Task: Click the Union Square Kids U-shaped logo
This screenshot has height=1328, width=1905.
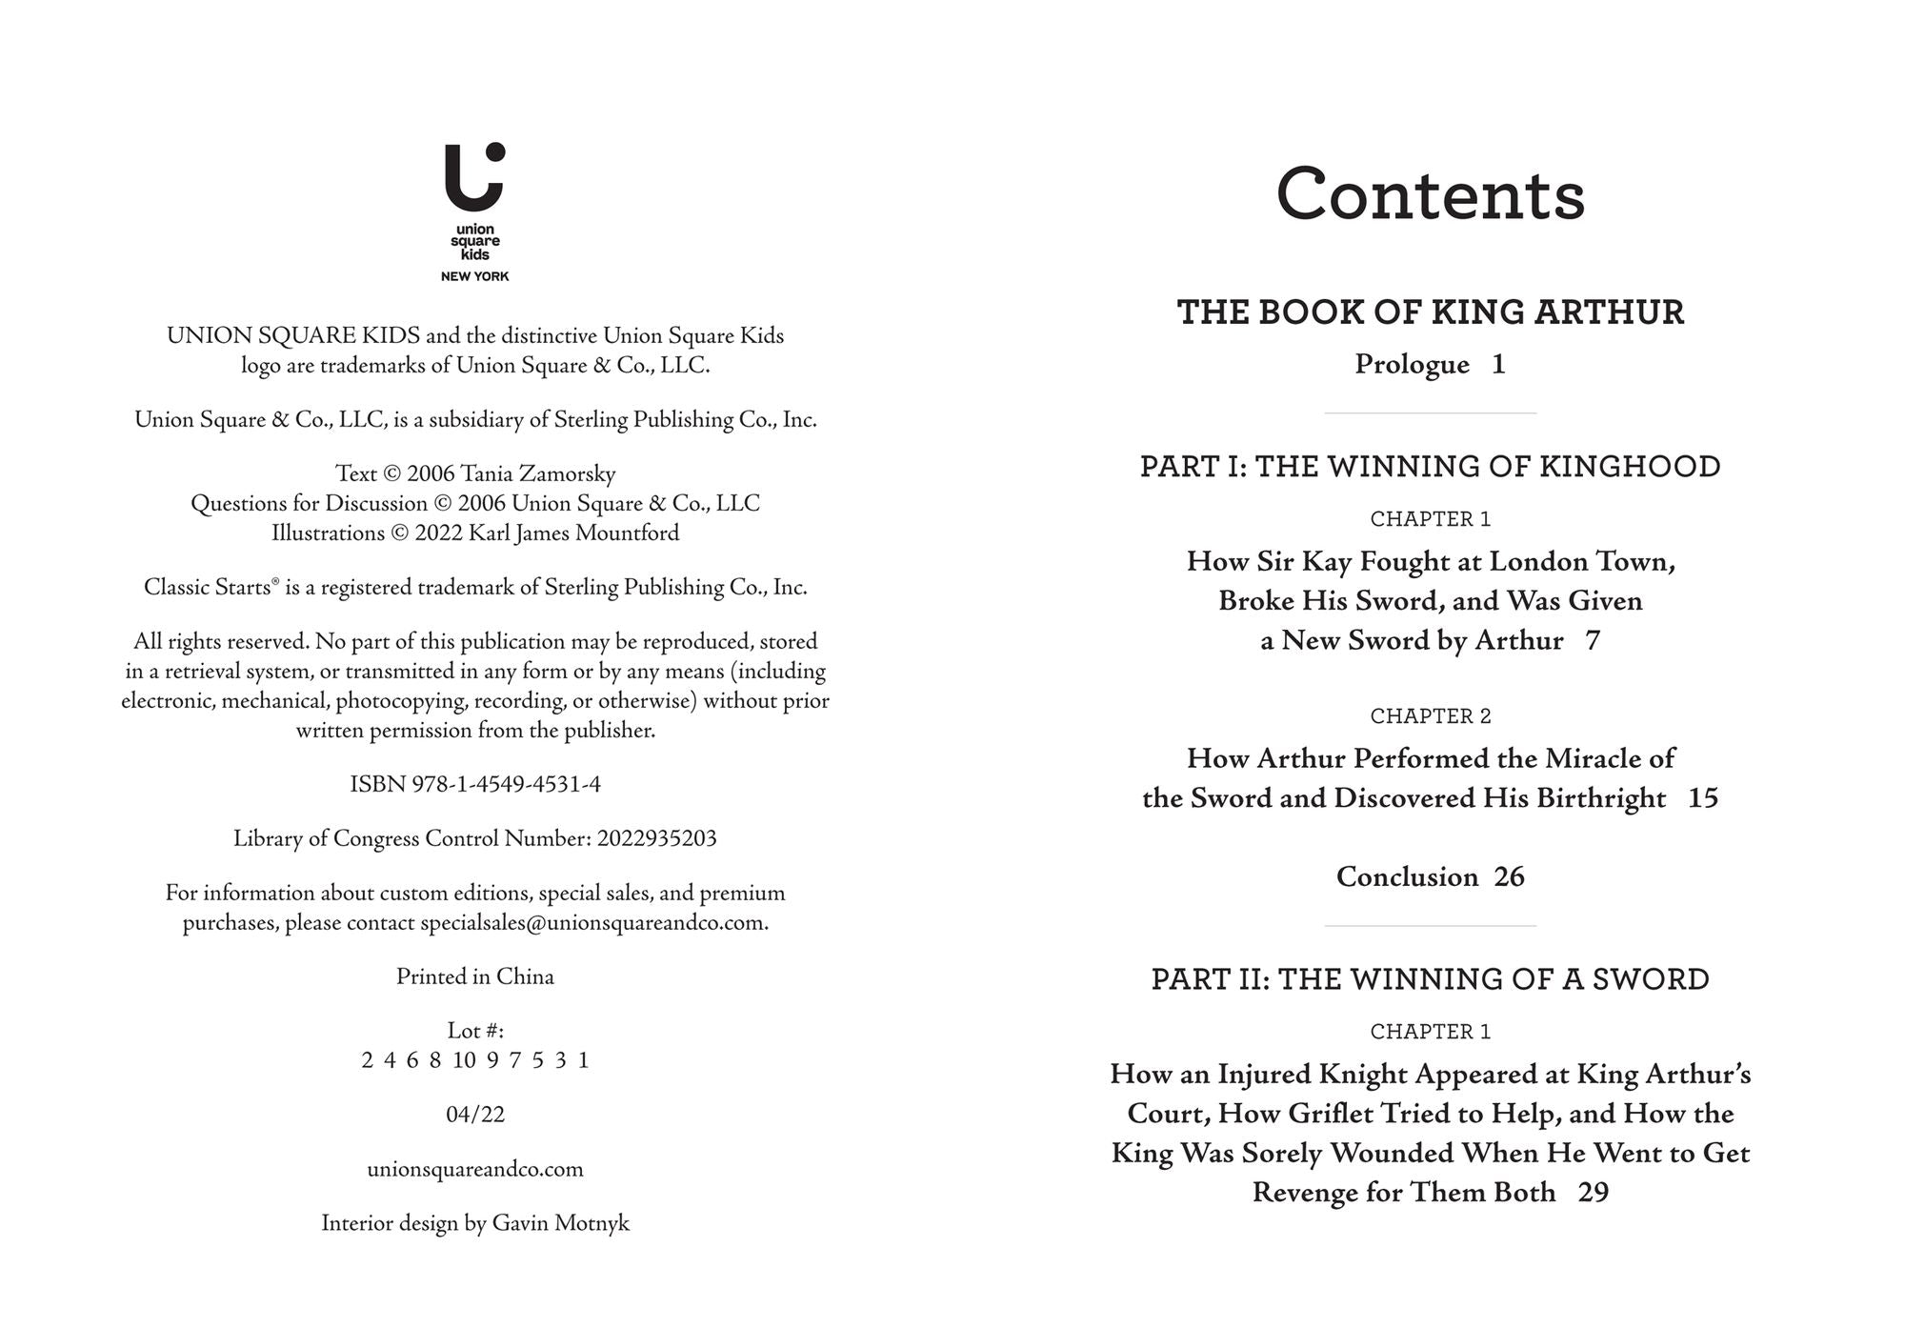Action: point(473,178)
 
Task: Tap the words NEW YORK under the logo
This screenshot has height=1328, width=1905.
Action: point(474,276)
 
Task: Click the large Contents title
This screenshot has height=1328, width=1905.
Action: point(1430,195)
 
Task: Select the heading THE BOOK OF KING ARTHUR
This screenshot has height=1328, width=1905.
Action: point(1430,312)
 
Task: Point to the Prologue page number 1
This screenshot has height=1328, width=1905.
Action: point(1498,364)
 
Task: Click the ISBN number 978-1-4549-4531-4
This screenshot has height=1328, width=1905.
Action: point(506,784)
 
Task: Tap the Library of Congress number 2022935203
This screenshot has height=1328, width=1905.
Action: point(656,838)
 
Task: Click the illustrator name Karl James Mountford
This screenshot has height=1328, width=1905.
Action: point(573,533)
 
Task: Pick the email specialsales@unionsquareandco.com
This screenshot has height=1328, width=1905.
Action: point(593,922)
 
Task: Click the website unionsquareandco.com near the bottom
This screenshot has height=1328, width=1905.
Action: point(474,1169)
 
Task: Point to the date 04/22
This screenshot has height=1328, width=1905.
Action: point(474,1114)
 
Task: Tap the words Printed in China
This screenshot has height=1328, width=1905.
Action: point(474,976)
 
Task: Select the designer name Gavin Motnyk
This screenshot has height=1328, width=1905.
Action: point(560,1223)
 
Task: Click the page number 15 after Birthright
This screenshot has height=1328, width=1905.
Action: point(1702,798)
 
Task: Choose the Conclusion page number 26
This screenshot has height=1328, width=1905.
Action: point(1509,876)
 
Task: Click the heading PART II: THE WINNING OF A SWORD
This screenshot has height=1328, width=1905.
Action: point(1430,979)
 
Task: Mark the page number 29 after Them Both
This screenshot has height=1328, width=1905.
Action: point(1593,1193)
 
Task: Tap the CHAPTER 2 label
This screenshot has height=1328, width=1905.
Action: point(1430,716)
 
